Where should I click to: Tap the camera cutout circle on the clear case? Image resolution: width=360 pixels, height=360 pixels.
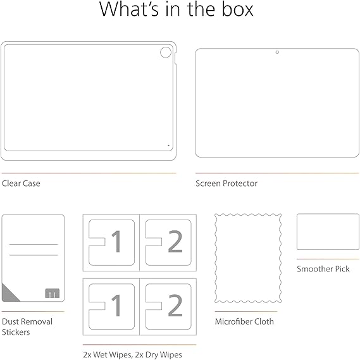pos(166,47)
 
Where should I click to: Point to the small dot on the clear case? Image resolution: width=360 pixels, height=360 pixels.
pos(168,146)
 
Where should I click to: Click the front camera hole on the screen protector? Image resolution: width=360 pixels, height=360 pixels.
pos(277,52)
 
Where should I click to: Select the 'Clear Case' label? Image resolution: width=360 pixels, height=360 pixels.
pos(21,183)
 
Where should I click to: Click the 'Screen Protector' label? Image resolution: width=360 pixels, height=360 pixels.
pos(227,183)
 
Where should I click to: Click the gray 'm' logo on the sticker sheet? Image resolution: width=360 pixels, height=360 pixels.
pos(53,293)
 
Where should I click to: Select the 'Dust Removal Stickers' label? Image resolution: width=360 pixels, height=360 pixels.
pos(27,326)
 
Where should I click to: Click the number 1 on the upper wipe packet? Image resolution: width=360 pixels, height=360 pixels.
pos(117,241)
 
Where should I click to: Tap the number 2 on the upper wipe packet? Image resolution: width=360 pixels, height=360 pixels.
pos(175,241)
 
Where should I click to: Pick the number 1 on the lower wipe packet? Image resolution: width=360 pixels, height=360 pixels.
pos(117,306)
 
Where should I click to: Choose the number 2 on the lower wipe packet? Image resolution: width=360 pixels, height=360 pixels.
pos(175,306)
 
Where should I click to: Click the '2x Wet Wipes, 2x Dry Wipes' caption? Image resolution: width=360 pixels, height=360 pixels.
pos(132,354)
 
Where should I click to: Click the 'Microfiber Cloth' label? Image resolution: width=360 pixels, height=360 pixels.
pos(244,321)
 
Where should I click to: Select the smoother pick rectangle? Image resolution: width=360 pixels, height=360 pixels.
pos(328,214)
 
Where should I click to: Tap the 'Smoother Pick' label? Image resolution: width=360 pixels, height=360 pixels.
pos(323,269)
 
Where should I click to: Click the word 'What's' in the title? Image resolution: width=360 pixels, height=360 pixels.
pos(129,9)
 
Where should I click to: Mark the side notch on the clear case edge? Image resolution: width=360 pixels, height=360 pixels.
pos(175,58)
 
